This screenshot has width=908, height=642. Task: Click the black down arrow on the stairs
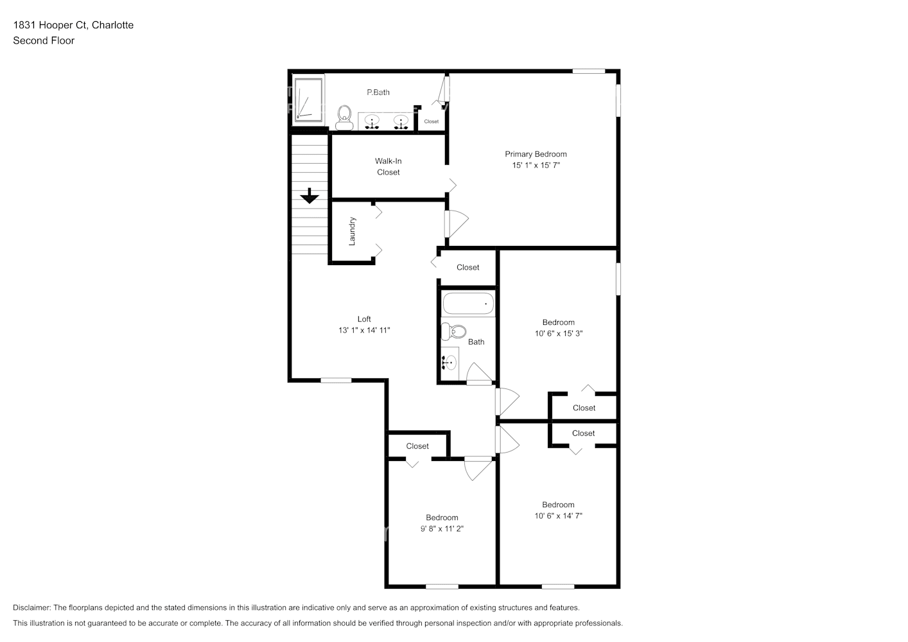coord(310,196)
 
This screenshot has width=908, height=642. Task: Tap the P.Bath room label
coord(378,92)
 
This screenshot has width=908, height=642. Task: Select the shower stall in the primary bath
coord(309,100)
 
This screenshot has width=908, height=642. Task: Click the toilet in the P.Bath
coord(344,118)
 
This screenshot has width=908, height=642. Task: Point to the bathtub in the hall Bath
coord(468,304)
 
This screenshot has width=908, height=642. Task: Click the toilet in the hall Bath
coord(453,331)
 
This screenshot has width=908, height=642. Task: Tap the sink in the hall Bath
coord(450,362)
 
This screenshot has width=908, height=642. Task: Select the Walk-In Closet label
coord(389,166)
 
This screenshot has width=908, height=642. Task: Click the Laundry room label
coord(352,231)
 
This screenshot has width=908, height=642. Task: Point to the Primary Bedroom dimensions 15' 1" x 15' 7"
coord(536,165)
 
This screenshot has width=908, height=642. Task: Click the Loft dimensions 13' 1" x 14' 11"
coord(364,331)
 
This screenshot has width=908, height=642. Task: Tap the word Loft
coord(364,319)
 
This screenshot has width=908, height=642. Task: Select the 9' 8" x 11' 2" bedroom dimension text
coord(442,528)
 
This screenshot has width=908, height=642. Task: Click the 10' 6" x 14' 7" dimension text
coord(558,516)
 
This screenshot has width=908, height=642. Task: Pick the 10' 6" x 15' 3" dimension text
coord(559,333)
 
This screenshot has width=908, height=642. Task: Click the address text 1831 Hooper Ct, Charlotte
coord(73,25)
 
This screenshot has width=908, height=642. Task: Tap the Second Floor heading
coord(44,40)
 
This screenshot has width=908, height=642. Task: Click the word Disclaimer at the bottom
coord(31,607)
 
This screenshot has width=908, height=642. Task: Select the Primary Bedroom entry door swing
coord(457,223)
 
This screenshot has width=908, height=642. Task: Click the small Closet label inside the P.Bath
coord(432,121)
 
